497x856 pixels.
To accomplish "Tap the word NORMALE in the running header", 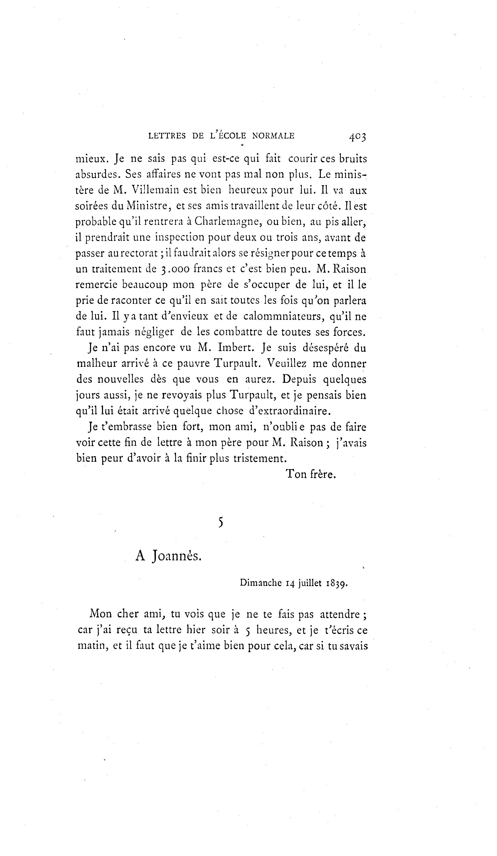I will pos(273,136).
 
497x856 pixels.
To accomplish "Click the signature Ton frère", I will pos(311,474).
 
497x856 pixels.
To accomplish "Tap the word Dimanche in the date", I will pos(261,583).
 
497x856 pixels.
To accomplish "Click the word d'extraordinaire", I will pos(289,411).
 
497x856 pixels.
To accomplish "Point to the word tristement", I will pos(260,458).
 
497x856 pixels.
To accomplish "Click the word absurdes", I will pos(97,174).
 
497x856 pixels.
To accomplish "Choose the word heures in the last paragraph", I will pos(274,630).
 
